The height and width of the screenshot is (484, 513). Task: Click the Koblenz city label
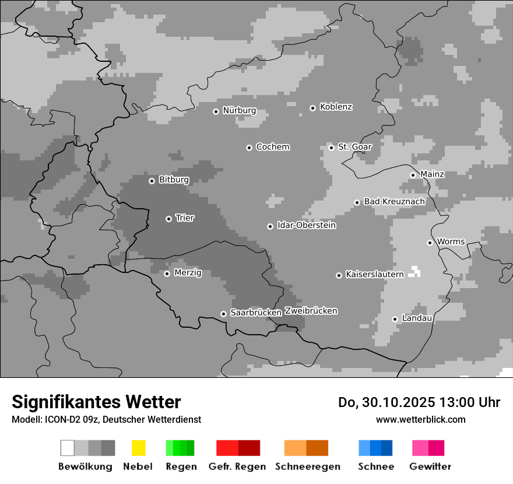(x=336, y=107)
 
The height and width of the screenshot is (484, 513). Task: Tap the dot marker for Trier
(x=168, y=219)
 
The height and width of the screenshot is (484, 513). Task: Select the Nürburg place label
(x=239, y=111)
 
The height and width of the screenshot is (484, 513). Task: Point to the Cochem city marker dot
(x=249, y=148)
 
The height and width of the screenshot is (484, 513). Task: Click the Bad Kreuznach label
(x=394, y=202)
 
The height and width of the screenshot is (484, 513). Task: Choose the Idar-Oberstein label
(x=306, y=226)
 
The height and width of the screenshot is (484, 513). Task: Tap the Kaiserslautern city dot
(x=339, y=275)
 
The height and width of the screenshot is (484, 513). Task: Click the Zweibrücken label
(x=311, y=311)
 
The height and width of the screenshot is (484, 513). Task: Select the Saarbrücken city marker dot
(x=223, y=314)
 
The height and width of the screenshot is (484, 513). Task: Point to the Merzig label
(x=188, y=273)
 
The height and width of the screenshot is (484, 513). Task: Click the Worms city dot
(x=430, y=243)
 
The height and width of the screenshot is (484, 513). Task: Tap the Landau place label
(x=417, y=318)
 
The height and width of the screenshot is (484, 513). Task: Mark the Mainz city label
(x=432, y=174)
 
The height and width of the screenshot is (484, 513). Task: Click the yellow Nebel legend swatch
(x=138, y=448)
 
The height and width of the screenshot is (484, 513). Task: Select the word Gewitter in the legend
(x=430, y=467)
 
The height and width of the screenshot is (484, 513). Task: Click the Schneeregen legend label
(x=308, y=467)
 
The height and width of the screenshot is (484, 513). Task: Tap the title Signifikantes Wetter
(x=96, y=402)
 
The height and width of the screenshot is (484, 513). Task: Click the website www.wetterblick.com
(x=421, y=419)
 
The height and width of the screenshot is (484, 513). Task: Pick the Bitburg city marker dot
(x=152, y=181)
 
